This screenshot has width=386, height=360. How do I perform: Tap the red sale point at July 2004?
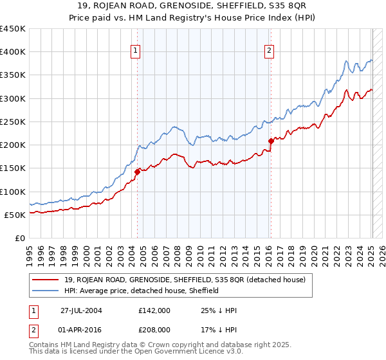tap(137, 172)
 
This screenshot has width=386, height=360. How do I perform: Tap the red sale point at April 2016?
tap(270, 141)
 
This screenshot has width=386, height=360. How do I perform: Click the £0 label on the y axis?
tap(20, 238)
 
